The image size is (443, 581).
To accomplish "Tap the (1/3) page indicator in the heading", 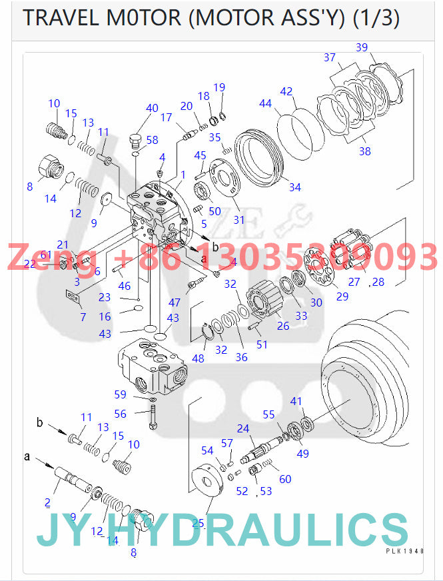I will click(x=375, y=18).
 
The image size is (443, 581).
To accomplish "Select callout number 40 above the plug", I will click(x=152, y=108).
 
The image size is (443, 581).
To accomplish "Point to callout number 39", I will click(x=362, y=47).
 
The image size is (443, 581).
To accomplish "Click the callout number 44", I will click(x=265, y=103).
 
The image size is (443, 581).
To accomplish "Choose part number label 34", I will click(x=294, y=187).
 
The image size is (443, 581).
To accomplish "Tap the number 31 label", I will click(x=238, y=220).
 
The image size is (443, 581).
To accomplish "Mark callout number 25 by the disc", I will click(x=198, y=523).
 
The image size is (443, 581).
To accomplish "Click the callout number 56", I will click(x=120, y=414).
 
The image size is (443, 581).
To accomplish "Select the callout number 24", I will click(x=243, y=428).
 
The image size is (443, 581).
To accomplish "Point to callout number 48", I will click(x=199, y=358).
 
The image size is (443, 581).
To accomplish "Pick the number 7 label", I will click(x=83, y=317).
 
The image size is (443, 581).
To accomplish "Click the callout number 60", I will click(x=285, y=479).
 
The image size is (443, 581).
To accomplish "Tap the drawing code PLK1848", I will click(x=404, y=551).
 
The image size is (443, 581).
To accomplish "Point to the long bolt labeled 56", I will click(x=153, y=417).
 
